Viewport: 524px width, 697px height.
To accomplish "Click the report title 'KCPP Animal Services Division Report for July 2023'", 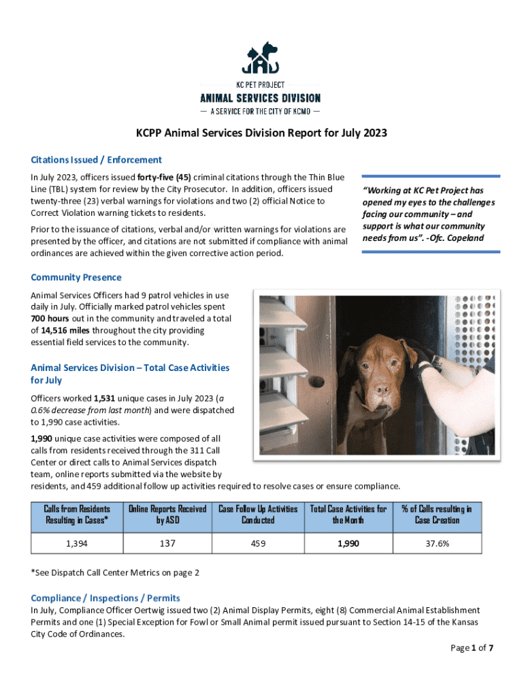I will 262,133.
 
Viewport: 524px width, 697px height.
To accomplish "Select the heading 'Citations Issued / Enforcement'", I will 96,160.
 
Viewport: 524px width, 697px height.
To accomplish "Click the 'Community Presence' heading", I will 76,277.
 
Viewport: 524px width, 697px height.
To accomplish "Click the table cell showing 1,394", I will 76,544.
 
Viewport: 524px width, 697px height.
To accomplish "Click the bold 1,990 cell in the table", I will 348,544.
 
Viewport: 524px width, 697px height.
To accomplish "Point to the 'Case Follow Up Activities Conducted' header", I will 258,515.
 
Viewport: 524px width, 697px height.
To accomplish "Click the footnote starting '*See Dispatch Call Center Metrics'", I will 115,572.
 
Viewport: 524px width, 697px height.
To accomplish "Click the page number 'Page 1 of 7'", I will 472,647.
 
